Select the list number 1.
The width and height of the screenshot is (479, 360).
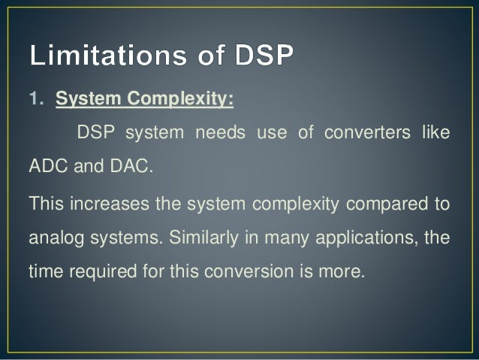[35, 99]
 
